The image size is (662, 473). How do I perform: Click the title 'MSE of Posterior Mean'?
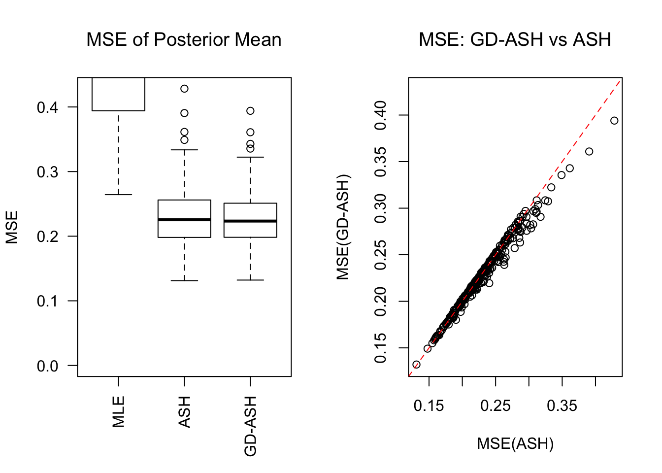pos(184,39)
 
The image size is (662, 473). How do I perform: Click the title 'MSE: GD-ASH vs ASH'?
pos(515,39)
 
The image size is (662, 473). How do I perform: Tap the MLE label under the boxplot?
pos(119,411)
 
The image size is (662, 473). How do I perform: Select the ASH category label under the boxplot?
pos(185,412)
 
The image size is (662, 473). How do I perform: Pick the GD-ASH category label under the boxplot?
pos(251,426)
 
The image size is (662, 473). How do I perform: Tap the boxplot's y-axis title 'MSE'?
pos(12,227)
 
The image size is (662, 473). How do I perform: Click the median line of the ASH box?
pos(184,220)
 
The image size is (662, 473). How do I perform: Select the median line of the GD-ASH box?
pos(250,221)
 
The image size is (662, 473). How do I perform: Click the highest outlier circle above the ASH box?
pos(184,89)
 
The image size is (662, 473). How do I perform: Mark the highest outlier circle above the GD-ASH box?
pos(250,111)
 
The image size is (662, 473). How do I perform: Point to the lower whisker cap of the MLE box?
pos(118,195)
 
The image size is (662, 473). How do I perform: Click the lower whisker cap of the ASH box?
pos(184,280)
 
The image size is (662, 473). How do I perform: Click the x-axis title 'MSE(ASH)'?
pos(515,443)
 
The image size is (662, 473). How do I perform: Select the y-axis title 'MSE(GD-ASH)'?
pos(343,227)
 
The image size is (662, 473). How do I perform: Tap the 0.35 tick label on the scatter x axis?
pos(562,406)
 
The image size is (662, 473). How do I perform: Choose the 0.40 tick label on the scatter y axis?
pos(381,115)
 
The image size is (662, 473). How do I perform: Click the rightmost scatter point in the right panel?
pos(614,121)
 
